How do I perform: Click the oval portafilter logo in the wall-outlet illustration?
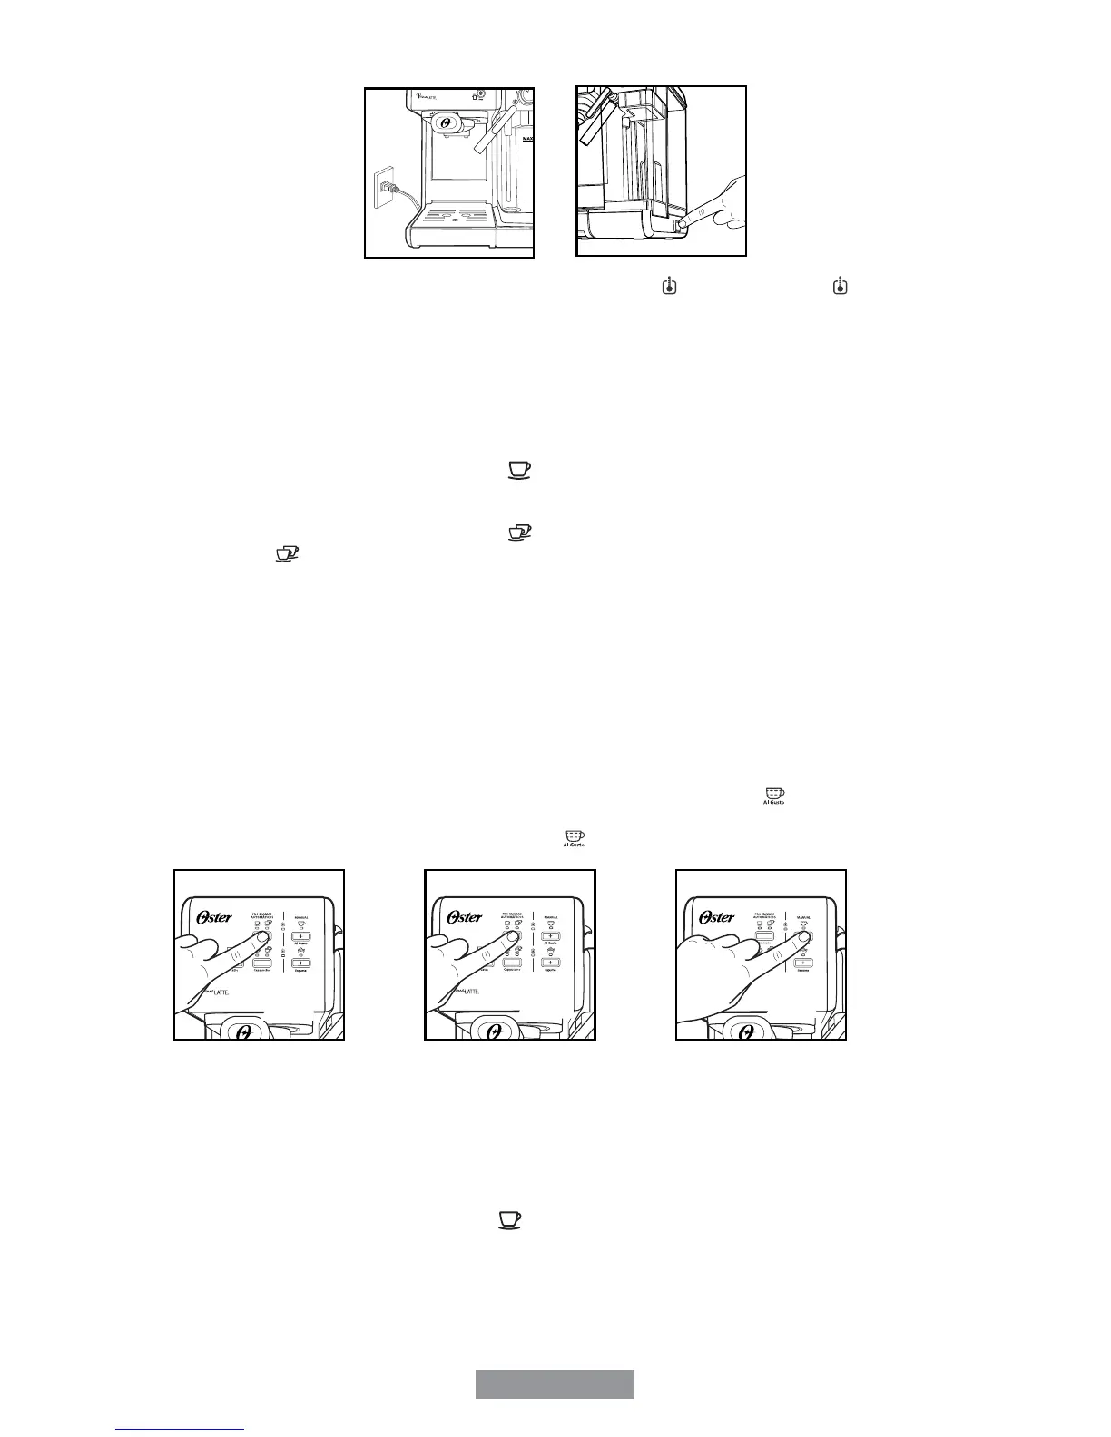[445, 122]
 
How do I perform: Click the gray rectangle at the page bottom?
[555, 1384]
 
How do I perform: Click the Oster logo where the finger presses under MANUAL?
[717, 917]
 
